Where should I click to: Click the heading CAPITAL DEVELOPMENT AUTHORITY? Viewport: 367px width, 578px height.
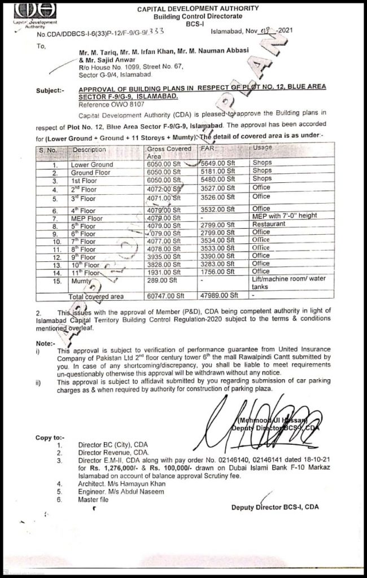198,8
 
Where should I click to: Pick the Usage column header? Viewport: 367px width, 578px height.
263,148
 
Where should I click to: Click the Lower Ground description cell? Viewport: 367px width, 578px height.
91,164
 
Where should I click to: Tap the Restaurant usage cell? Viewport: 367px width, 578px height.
269,224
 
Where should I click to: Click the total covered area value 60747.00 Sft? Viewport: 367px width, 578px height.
165,295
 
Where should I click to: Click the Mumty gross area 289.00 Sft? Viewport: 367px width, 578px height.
160,279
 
